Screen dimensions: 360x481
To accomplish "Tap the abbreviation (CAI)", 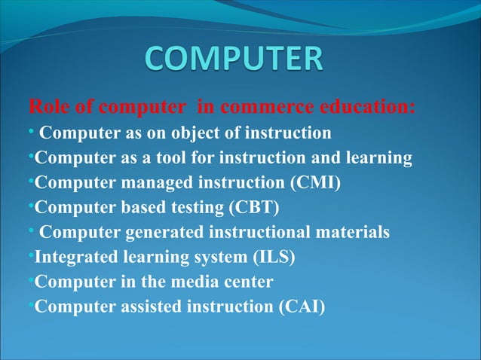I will click(x=299, y=307).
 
